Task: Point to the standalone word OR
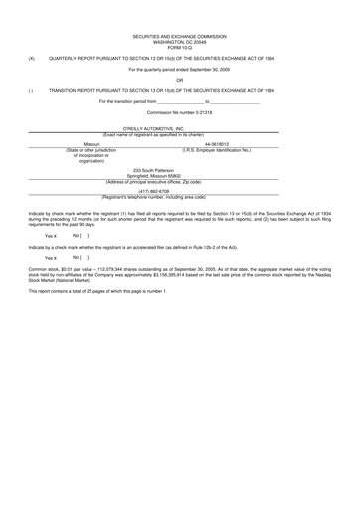(180, 79)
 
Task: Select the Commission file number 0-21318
(180, 111)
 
